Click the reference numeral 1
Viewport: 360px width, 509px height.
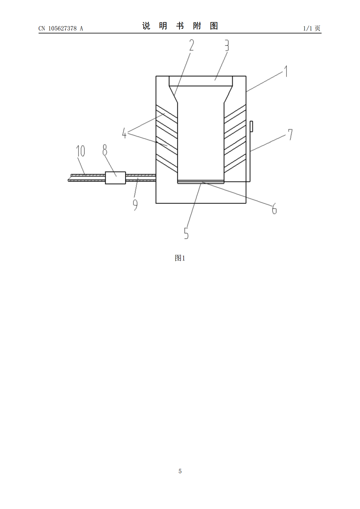[x=286, y=71]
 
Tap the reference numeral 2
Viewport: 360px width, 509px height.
[x=191, y=45]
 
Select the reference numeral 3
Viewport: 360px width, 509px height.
[x=227, y=45]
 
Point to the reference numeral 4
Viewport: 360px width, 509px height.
[x=124, y=133]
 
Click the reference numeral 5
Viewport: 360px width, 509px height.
[x=186, y=233]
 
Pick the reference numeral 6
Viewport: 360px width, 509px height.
[x=274, y=208]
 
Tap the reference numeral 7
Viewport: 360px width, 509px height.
[x=290, y=135]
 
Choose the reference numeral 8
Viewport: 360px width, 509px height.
[x=105, y=150]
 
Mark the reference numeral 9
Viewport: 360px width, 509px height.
[x=135, y=205]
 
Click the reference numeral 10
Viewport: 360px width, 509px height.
[x=80, y=151]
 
